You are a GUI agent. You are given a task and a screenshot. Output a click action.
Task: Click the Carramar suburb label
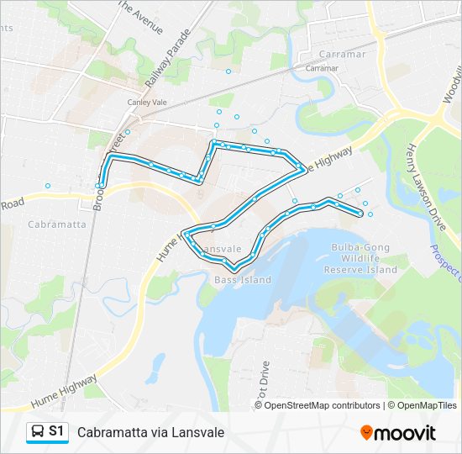click(322, 67)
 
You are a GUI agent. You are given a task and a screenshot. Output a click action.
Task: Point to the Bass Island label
click(243, 279)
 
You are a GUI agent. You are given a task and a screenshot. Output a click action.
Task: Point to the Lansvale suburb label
click(221, 250)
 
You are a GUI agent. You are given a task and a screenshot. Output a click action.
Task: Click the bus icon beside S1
click(37, 431)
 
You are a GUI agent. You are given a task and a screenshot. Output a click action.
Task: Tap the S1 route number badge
click(56, 431)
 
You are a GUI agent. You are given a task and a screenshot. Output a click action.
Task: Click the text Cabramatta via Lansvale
click(151, 432)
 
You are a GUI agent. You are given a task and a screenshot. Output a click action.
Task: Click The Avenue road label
click(139, 16)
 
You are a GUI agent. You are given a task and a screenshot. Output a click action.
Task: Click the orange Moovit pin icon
click(366, 432)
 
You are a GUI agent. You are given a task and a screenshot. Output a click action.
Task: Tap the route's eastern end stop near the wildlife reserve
click(361, 214)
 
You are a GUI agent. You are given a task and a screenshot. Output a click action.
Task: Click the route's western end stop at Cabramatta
click(99, 185)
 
